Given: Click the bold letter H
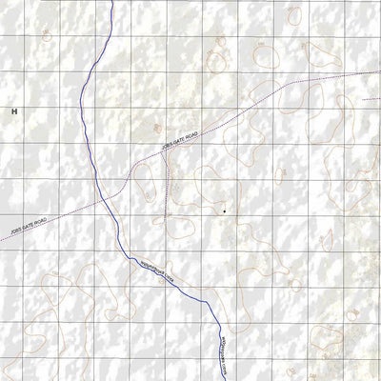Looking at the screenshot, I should coord(15,112).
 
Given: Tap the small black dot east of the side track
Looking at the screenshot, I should coord(224,211).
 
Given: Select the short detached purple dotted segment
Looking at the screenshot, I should coord(371,98).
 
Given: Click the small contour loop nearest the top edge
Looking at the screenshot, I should coord(294,15).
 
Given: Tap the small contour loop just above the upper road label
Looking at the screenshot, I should coord(158,128).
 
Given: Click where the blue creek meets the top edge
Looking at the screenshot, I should coord(111,1).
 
